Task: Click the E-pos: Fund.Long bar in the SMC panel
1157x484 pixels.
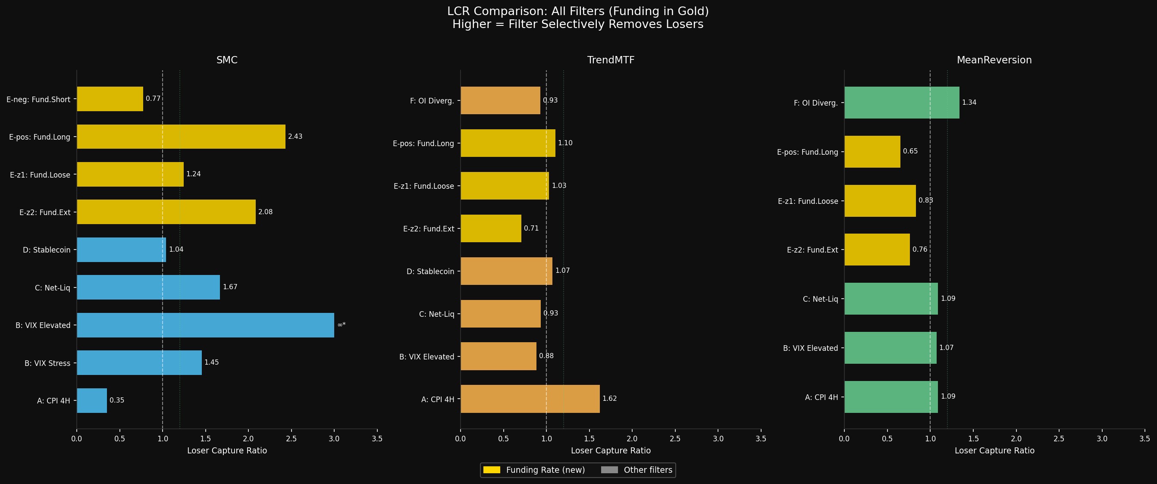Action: point(181,137)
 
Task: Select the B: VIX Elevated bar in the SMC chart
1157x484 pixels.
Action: point(205,325)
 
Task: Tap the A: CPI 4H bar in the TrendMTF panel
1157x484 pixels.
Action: point(530,399)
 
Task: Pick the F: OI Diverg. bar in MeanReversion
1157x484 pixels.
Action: point(901,103)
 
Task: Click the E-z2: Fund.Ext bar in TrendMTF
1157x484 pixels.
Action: point(491,228)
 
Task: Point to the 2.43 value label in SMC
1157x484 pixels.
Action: point(295,137)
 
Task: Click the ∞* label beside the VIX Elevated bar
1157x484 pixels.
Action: point(342,325)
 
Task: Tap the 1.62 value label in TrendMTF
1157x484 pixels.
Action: point(609,399)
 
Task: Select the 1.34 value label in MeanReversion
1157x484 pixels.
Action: point(969,103)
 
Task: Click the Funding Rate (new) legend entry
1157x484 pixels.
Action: point(534,470)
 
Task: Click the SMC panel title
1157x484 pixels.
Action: point(227,60)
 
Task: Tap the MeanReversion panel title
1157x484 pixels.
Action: point(994,60)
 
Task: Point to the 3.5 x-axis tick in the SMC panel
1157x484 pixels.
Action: point(377,439)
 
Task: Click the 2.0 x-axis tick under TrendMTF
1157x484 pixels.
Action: point(632,439)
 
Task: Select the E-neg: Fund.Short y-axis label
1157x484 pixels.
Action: point(39,99)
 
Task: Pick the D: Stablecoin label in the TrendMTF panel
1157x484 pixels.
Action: point(430,271)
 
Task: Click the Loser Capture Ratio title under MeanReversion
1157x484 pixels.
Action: point(994,450)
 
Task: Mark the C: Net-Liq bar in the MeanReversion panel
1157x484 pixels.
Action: point(891,299)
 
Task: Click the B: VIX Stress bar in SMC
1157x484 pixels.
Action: point(139,363)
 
